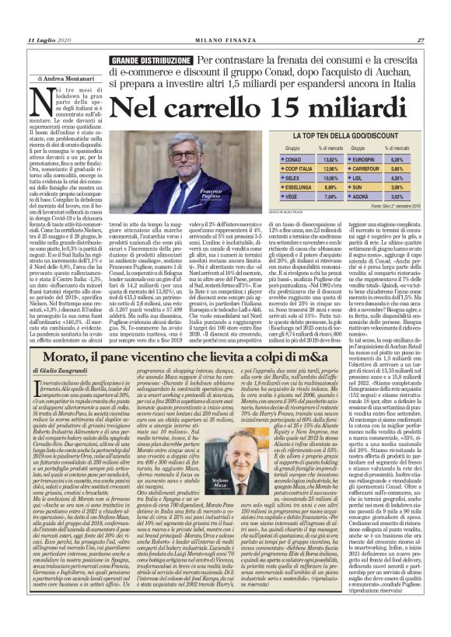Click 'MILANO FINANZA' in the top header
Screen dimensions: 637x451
tap(225, 40)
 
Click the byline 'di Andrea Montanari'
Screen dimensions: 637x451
tap(65, 78)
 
